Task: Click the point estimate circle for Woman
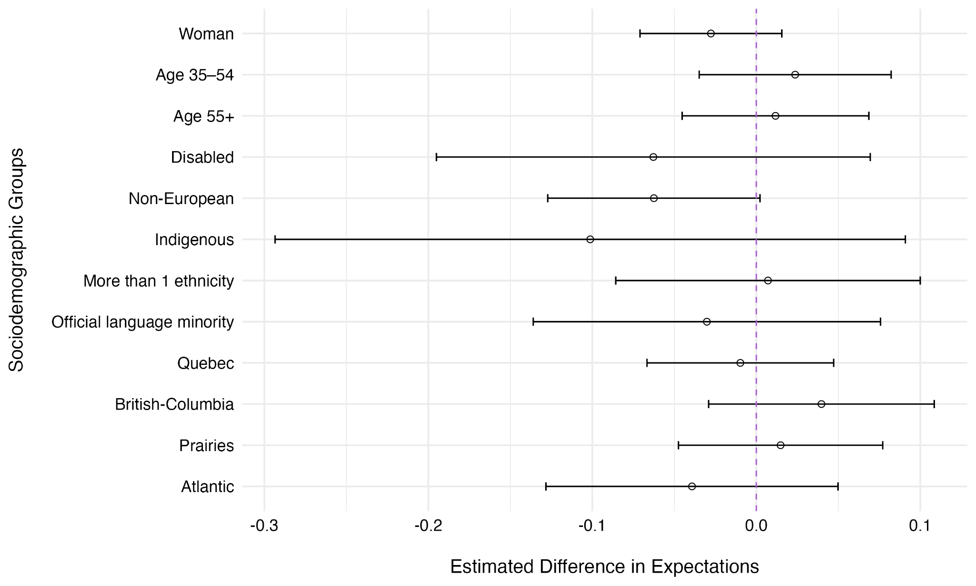pyautogui.click(x=711, y=33)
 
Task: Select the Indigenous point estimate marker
pyautogui.click(x=590, y=239)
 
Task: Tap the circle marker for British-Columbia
pyautogui.click(x=821, y=404)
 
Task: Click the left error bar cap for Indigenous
pyautogui.click(x=275, y=239)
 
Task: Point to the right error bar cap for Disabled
pyautogui.click(x=870, y=157)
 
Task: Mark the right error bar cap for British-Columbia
pyautogui.click(x=934, y=404)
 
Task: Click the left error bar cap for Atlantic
pyautogui.click(x=546, y=486)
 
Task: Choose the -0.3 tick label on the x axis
pyautogui.click(x=264, y=526)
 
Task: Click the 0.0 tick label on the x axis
pyautogui.click(x=756, y=526)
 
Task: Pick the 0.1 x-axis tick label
pyautogui.click(x=920, y=526)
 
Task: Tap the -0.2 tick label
pyautogui.click(x=428, y=526)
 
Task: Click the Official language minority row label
pyautogui.click(x=142, y=322)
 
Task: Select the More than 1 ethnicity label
pyautogui.click(x=158, y=281)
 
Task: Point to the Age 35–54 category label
pyautogui.click(x=194, y=75)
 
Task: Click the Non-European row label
pyautogui.click(x=181, y=199)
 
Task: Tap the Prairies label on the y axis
pyautogui.click(x=206, y=446)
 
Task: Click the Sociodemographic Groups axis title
pyautogui.click(x=16, y=260)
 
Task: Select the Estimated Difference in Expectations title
pyautogui.click(x=604, y=566)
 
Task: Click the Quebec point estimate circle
pyautogui.click(x=740, y=363)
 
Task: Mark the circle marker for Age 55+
pyautogui.click(x=775, y=116)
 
